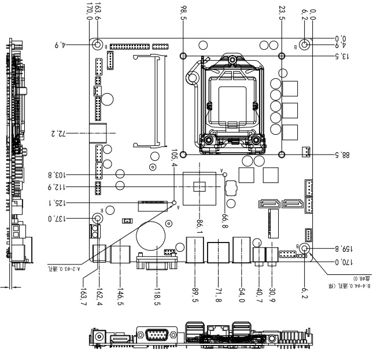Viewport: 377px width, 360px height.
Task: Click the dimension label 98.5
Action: [x=184, y=12]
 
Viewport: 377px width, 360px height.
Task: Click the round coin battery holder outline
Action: [x=151, y=237]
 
